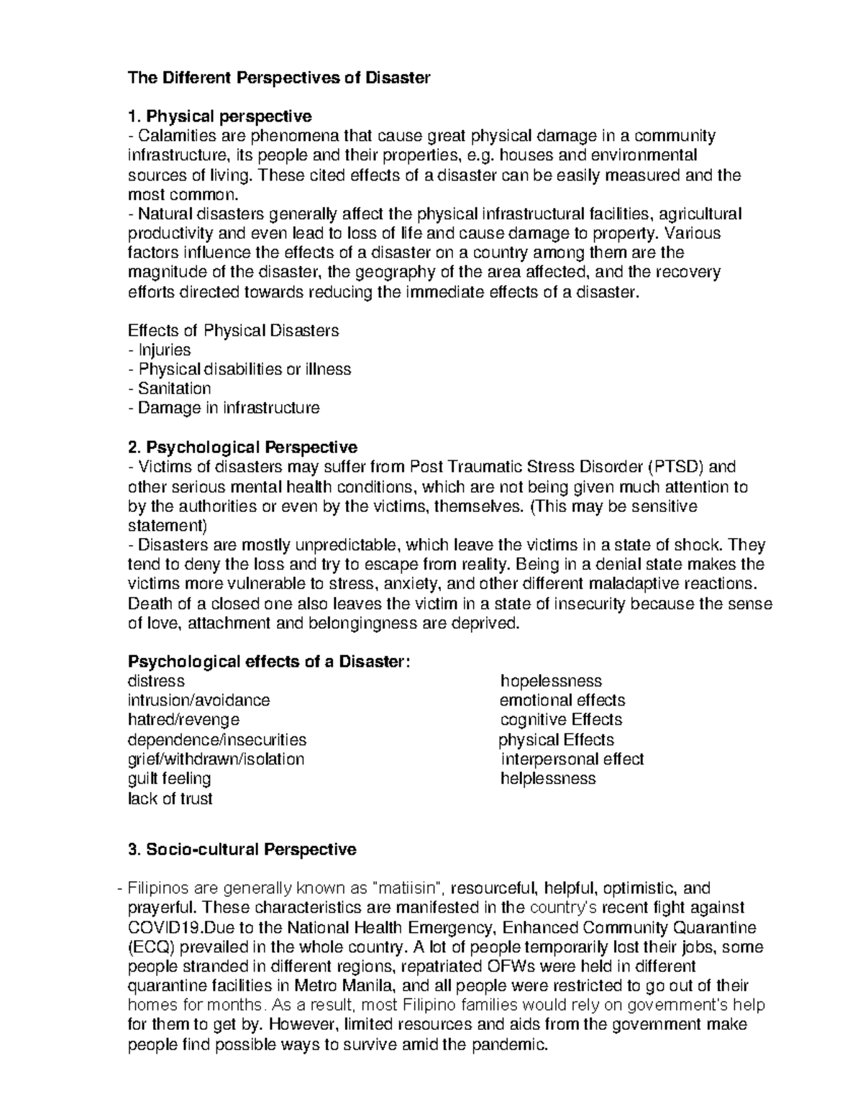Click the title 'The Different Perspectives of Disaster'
pos(278,78)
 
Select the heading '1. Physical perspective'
pos(219,117)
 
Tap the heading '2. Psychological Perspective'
pos(242,447)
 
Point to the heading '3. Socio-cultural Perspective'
pos(242,849)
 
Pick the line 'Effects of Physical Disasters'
pos(233,331)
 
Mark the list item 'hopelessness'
pos(551,681)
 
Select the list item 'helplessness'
pos(548,778)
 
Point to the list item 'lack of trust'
pos(170,798)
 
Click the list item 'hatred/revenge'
pos(183,720)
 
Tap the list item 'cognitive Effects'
pos(561,720)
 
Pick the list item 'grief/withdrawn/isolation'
pos(216,759)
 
